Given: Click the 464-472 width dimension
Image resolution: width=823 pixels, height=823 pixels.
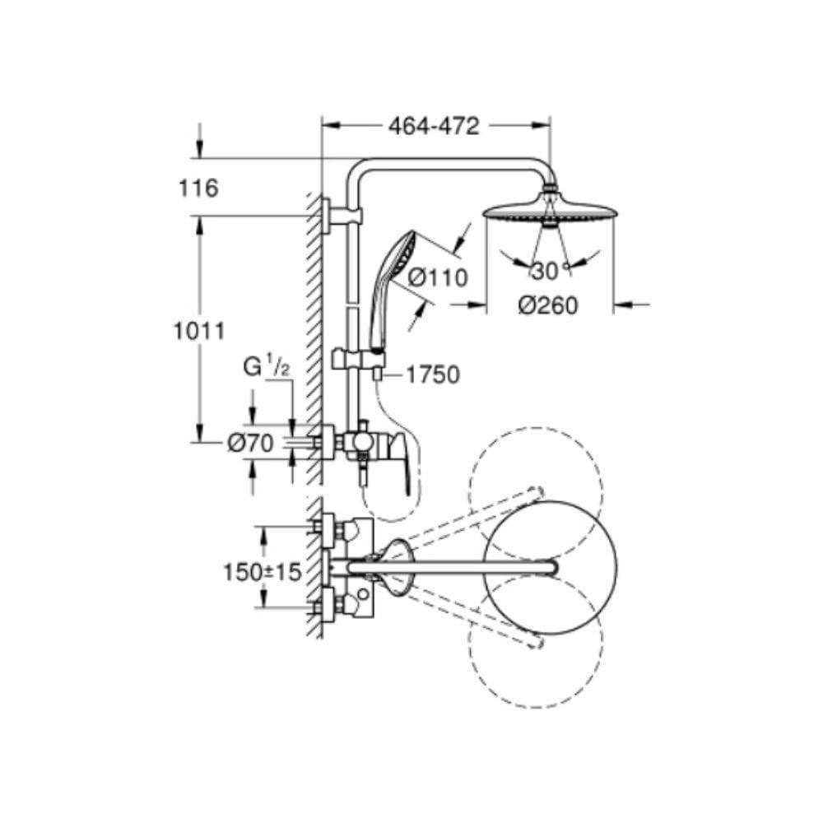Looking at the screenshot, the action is [434, 127].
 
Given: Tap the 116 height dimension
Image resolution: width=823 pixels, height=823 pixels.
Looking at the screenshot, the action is [198, 188].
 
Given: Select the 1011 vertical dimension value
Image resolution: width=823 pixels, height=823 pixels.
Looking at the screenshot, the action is [199, 331].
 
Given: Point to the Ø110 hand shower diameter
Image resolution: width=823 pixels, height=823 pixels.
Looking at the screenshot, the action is [437, 277].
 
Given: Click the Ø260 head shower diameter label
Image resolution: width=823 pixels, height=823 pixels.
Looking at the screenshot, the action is [547, 305].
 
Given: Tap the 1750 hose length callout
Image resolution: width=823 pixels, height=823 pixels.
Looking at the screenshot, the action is [433, 374].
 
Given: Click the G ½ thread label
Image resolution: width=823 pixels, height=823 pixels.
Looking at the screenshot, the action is [266, 366].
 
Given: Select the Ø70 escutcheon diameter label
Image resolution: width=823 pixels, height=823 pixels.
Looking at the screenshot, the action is [250, 444].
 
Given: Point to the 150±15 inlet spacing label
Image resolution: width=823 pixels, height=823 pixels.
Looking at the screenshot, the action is [263, 572].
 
